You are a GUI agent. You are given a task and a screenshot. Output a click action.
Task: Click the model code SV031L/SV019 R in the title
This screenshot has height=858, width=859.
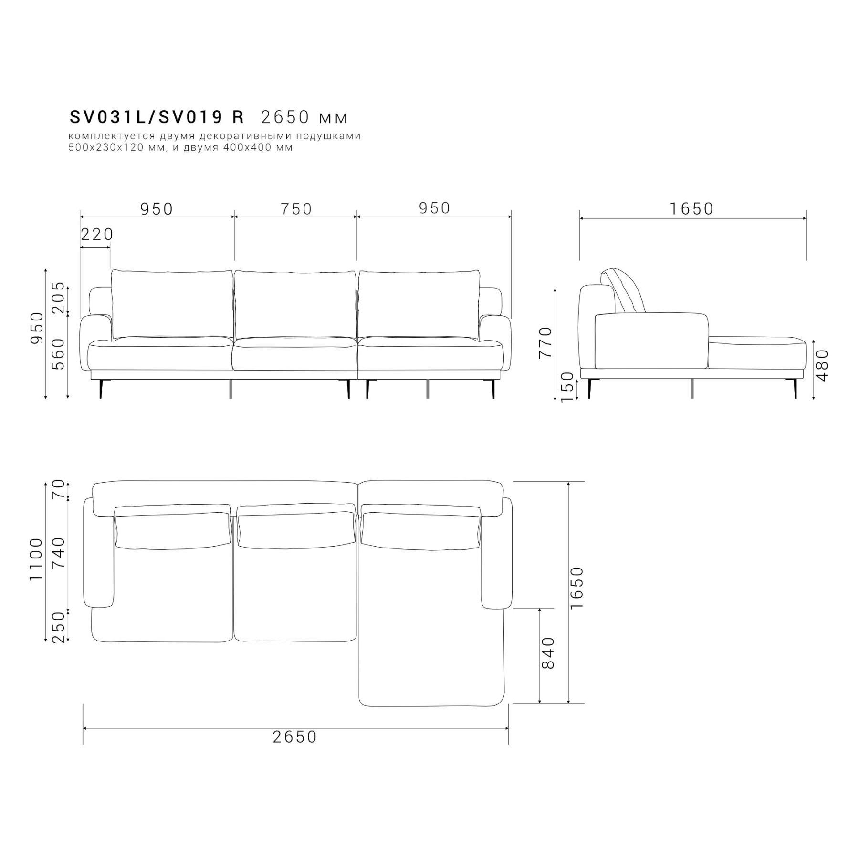coord(157,117)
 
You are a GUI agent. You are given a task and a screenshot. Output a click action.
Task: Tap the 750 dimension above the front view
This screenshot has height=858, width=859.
coord(296,209)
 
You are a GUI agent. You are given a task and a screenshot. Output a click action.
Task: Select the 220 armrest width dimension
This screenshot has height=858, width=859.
coord(97,234)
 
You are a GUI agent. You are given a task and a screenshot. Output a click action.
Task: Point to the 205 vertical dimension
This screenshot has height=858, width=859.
coord(58,297)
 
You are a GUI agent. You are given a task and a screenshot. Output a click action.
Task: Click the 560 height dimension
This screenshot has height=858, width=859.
coord(58,354)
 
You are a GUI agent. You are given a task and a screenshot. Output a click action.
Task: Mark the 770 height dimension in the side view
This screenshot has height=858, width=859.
coord(545,342)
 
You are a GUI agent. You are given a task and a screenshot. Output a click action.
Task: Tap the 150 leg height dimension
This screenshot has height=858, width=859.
coord(567,387)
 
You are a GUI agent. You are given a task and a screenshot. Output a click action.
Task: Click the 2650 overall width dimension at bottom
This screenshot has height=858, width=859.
coord(295,737)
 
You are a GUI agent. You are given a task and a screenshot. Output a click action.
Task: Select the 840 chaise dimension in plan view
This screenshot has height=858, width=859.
coord(549,653)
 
